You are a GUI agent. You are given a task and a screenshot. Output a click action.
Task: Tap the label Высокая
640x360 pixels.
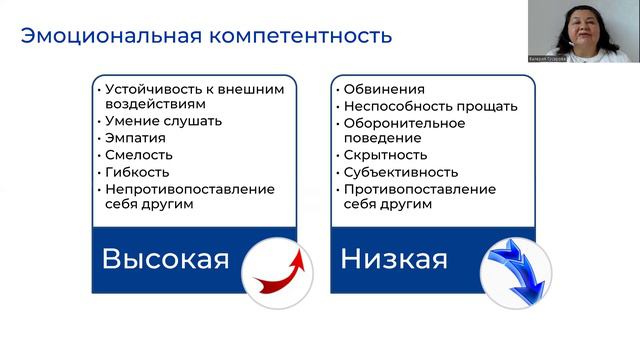[x=165, y=259]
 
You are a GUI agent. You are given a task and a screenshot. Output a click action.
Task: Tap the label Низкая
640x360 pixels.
[x=393, y=259]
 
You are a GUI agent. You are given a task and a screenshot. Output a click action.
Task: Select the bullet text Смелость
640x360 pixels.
[x=138, y=155]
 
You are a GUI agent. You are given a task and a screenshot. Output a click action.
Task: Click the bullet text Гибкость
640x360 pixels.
[x=138, y=172]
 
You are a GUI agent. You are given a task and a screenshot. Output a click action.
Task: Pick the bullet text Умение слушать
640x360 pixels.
[x=163, y=121]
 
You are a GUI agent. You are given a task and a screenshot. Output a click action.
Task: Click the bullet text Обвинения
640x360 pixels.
[x=383, y=89]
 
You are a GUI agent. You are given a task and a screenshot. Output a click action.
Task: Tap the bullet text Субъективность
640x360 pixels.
[x=400, y=172]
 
